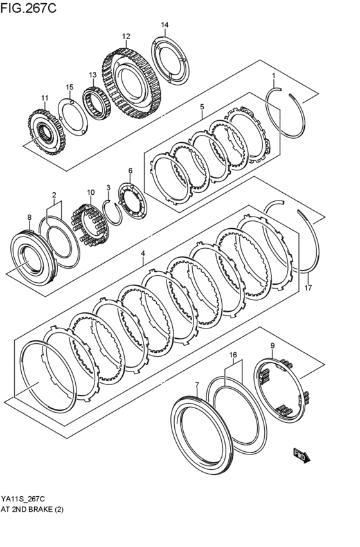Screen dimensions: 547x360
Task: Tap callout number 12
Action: pos(126,36)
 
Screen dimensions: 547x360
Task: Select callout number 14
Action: pos(165,25)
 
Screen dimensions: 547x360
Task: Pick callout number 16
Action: pos(233,354)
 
